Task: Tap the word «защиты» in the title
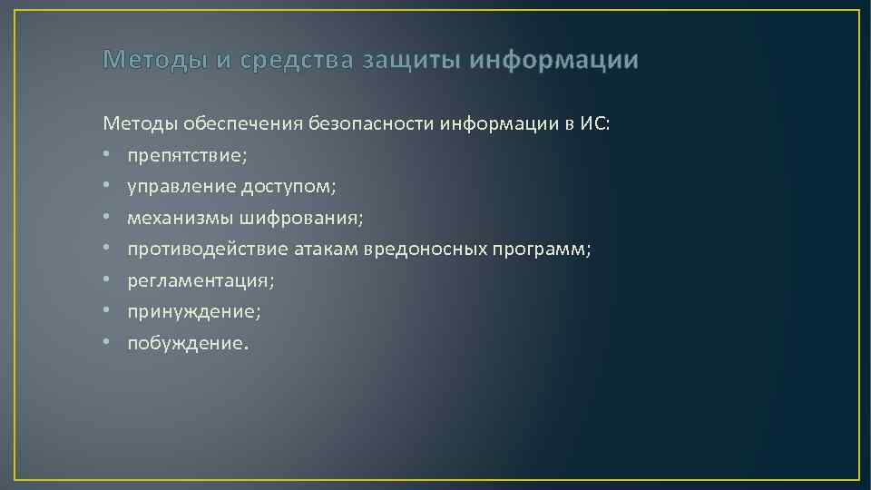click(410, 61)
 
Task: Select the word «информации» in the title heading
click(554, 61)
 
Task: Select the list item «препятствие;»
click(186, 155)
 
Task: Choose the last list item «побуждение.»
click(187, 343)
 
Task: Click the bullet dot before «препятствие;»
click(107, 155)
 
